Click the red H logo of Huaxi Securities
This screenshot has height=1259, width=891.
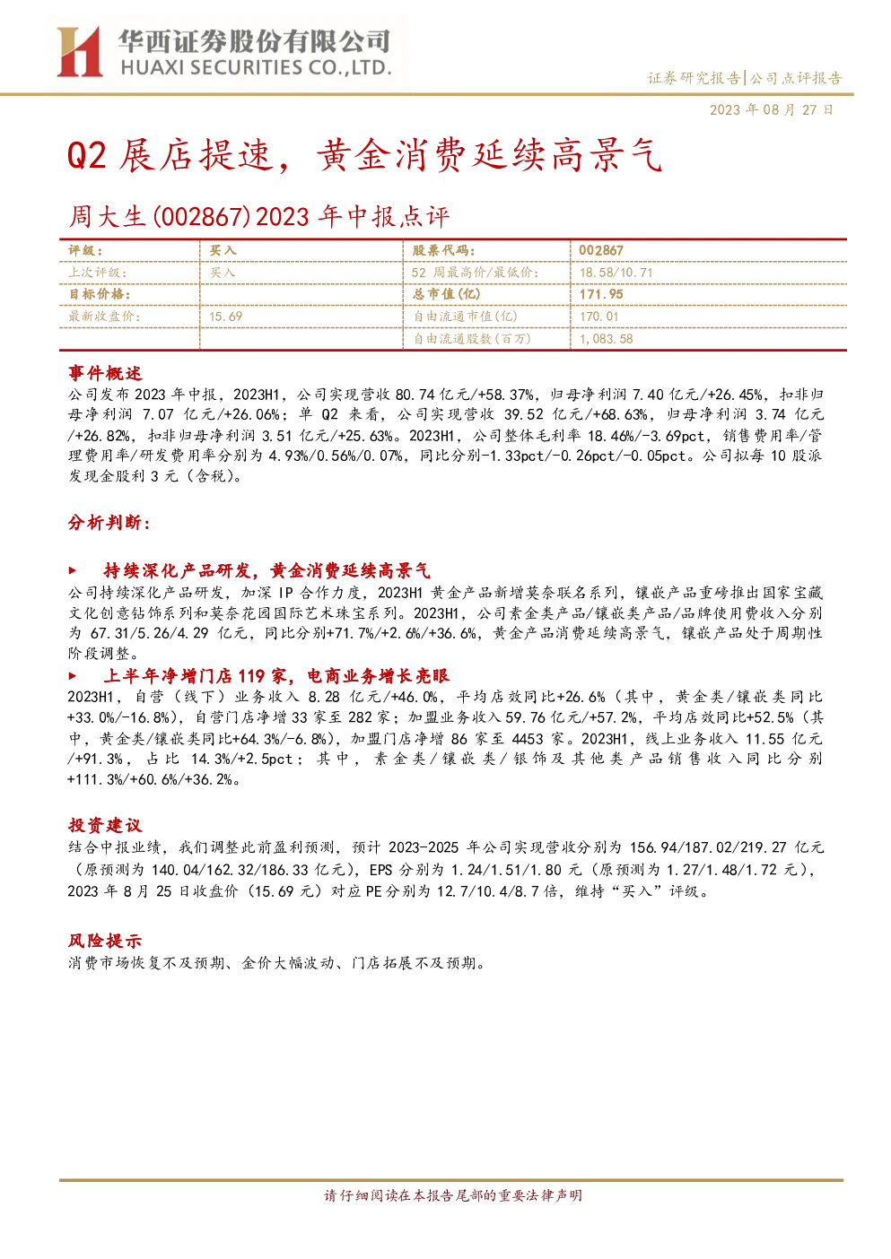(80, 51)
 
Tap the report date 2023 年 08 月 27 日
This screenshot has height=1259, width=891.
(771, 109)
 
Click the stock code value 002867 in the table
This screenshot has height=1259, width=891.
(601, 251)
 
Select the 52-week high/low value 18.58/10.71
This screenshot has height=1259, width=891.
(616, 273)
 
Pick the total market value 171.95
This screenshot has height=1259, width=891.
(601, 294)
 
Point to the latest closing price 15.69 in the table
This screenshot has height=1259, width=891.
(225, 317)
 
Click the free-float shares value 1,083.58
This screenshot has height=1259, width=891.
(606, 339)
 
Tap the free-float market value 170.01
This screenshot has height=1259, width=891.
(599, 317)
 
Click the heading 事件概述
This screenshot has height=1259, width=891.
(105, 373)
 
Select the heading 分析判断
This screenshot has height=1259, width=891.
(109, 523)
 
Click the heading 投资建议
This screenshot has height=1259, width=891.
(105, 825)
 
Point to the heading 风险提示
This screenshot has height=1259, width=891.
(105, 941)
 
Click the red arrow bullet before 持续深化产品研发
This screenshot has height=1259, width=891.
(72, 571)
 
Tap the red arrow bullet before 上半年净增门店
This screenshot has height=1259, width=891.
(72, 675)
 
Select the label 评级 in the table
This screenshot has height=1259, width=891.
(85, 251)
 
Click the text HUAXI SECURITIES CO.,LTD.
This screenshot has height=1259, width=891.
(256, 68)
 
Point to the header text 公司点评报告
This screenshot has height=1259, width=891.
(795, 78)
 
